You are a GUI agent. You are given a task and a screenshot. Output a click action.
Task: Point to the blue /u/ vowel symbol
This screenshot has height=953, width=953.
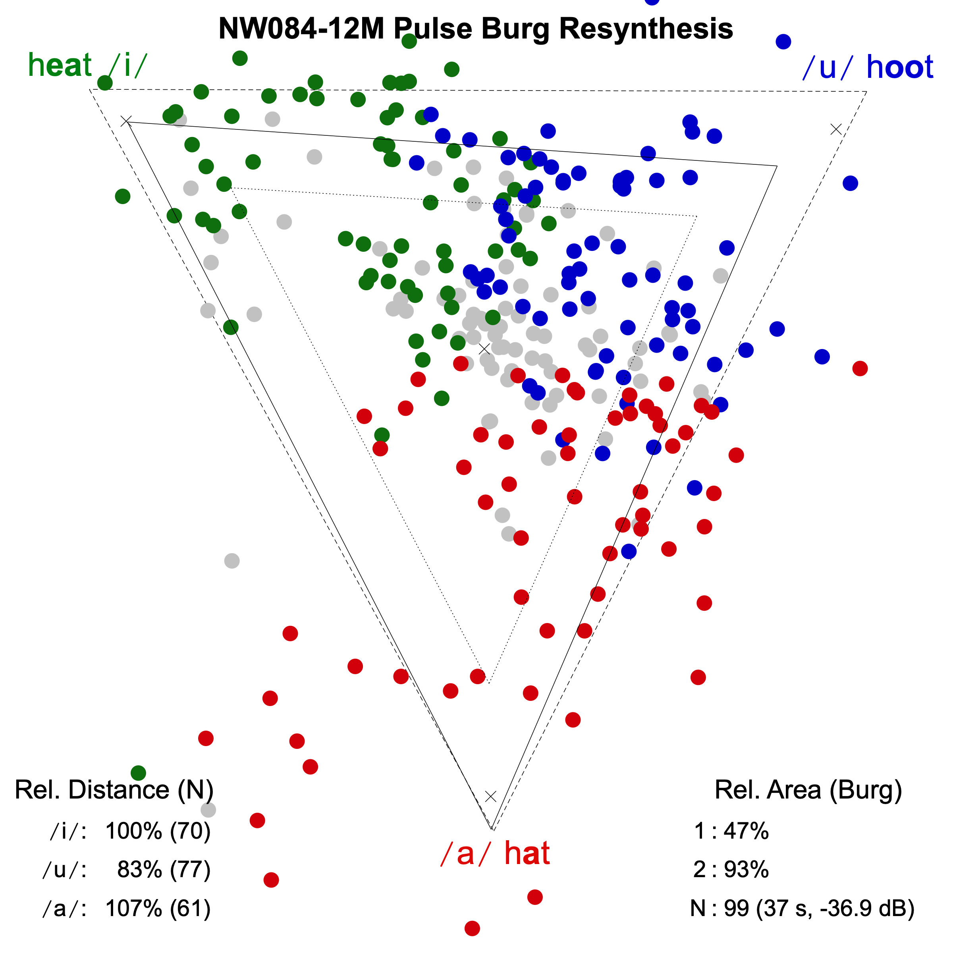[x=827, y=68]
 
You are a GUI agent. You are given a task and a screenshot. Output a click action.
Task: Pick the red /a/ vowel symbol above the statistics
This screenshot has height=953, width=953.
[x=465, y=854]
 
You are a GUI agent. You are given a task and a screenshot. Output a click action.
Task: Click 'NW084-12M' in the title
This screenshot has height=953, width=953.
[x=301, y=29]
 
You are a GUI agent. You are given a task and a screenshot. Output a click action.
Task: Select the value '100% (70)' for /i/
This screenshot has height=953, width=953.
[x=158, y=831]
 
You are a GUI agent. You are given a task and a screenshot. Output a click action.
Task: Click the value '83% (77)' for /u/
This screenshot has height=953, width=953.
[x=164, y=870]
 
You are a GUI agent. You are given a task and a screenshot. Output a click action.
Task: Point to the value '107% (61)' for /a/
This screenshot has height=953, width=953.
[x=158, y=908]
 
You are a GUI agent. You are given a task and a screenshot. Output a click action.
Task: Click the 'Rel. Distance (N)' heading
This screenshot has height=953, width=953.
[x=114, y=790]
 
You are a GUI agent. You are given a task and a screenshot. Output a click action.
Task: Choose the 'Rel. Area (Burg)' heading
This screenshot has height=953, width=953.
[x=808, y=790]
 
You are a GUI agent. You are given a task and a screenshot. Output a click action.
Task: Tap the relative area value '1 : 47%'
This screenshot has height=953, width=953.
[x=731, y=831]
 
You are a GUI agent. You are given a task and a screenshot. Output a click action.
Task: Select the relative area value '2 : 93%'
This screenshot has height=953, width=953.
[x=731, y=870]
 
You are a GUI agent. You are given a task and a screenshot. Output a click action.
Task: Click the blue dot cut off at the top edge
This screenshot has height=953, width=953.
[x=652, y=2]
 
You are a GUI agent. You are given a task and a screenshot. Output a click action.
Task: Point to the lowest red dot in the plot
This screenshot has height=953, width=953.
[x=472, y=928]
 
